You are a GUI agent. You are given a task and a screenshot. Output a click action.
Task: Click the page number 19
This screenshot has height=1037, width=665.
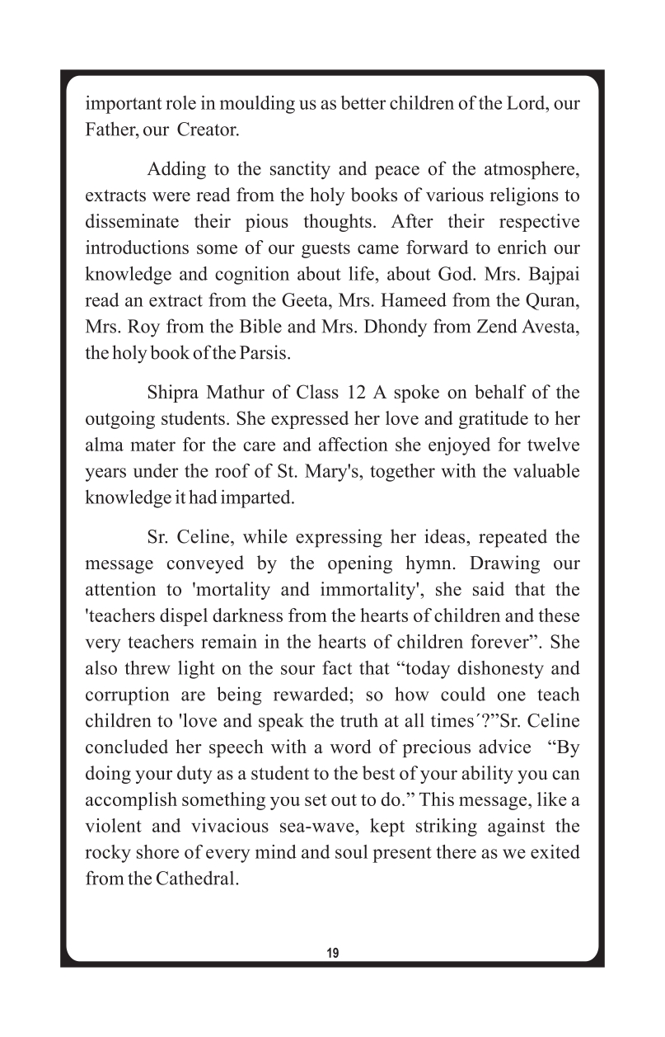tap(332, 953)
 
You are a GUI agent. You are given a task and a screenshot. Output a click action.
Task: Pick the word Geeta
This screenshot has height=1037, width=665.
tap(354, 301)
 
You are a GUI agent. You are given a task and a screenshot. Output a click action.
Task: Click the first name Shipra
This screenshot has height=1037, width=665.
tap(172, 394)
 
